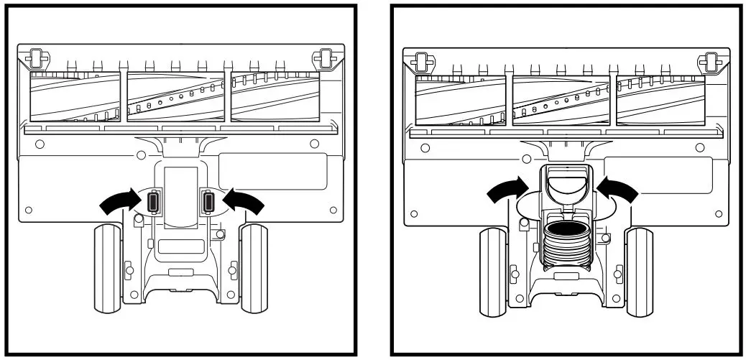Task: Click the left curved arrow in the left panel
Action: (118, 203)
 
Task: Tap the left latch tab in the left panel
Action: (152, 203)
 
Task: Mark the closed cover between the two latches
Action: (181, 198)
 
